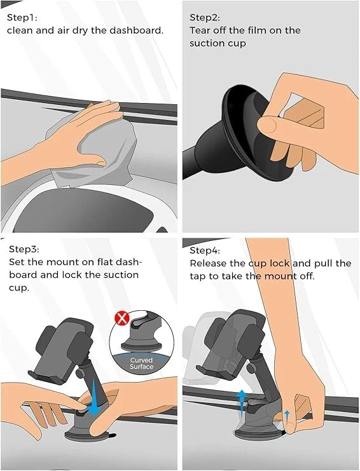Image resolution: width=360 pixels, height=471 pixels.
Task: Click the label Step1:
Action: [22, 18]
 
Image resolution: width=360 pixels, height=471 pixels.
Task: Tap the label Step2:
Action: [205, 18]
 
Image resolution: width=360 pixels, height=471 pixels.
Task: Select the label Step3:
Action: [24, 249]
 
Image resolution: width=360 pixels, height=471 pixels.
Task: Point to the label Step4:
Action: [205, 250]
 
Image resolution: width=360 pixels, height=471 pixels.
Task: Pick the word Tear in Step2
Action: [200, 31]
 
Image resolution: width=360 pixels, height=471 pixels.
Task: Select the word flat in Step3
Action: [106, 262]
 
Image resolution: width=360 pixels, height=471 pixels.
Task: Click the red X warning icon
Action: [122, 318]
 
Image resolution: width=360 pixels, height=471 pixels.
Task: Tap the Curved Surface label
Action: [142, 363]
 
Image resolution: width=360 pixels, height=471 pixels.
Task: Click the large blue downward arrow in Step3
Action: [94, 397]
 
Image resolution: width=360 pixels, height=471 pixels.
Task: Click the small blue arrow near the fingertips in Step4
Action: [287, 416]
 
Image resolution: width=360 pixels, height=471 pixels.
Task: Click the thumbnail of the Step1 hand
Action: [100, 163]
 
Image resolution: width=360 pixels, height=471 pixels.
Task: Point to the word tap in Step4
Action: [197, 276]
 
